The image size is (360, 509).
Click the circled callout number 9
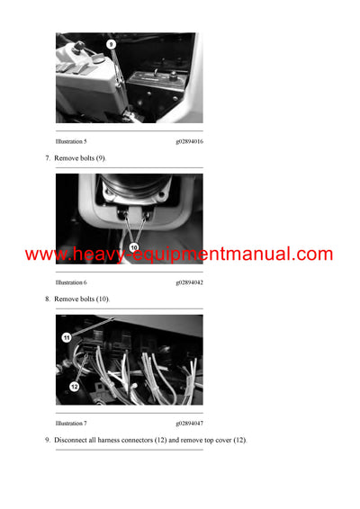(111, 43)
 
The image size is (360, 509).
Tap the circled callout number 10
(134, 246)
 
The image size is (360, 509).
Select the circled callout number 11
(67, 337)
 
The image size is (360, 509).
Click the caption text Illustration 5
(71, 142)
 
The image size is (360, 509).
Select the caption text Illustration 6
(71, 282)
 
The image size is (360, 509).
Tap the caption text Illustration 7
(71, 423)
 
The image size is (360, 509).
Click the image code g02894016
(189, 142)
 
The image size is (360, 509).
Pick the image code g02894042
(189, 282)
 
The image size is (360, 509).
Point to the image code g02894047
(189, 423)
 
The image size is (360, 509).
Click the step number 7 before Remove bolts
(47, 158)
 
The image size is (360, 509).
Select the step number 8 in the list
(47, 299)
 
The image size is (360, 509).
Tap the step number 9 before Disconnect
(47, 439)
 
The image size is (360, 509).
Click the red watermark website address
(179, 254)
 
